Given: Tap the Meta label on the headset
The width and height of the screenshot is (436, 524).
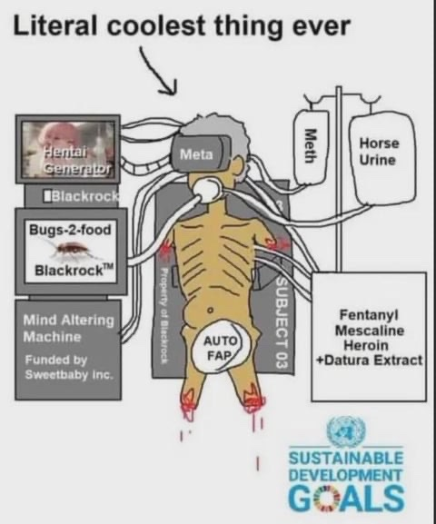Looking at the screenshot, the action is tap(196, 154).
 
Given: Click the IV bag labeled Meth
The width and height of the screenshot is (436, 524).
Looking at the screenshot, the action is tap(310, 146).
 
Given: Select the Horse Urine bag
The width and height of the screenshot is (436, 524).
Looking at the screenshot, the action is tap(380, 157).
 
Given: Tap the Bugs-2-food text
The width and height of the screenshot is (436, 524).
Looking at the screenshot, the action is tap(70, 230).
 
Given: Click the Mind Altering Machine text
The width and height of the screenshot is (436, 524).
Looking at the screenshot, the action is tap(68, 328).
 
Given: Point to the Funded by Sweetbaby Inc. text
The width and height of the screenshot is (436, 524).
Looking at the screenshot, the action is tap(69, 367).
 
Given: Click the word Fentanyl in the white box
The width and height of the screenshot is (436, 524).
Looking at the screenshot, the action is tap(369, 315).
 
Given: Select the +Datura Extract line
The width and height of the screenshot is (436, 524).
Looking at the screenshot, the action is tap(370, 361).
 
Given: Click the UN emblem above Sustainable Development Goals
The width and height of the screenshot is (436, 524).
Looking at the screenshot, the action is tap(346, 430).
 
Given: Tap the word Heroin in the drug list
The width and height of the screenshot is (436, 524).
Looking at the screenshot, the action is tap(366, 345).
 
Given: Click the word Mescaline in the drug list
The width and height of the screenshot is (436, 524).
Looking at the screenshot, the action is tap(369, 331).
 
